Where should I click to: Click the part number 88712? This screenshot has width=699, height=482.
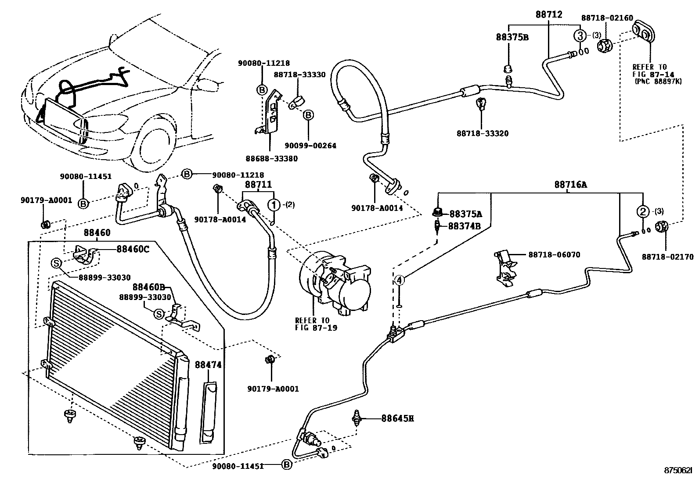[x=548, y=14]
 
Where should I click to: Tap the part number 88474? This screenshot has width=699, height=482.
[x=208, y=365]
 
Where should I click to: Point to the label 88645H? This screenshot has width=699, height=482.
[x=397, y=418]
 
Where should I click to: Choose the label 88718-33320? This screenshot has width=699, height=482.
[x=482, y=133]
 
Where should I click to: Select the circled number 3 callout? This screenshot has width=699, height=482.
[x=580, y=36]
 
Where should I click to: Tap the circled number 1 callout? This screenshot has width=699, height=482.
[x=274, y=204]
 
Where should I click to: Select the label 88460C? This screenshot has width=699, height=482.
[x=133, y=249]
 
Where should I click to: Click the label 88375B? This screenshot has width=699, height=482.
[x=512, y=37]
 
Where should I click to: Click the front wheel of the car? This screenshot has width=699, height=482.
[x=155, y=145]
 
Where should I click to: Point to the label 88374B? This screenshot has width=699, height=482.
[x=465, y=226]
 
